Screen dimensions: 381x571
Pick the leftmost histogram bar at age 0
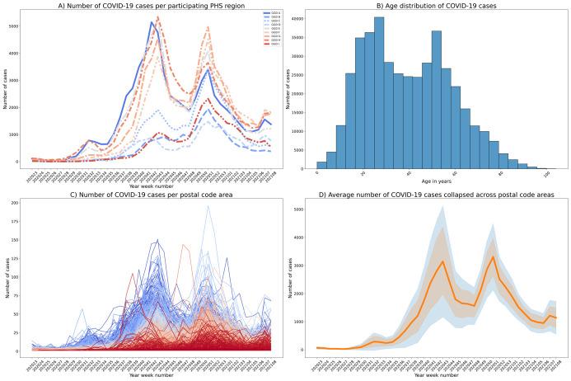(321, 164)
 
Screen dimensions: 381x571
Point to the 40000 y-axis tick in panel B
(300, 18)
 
